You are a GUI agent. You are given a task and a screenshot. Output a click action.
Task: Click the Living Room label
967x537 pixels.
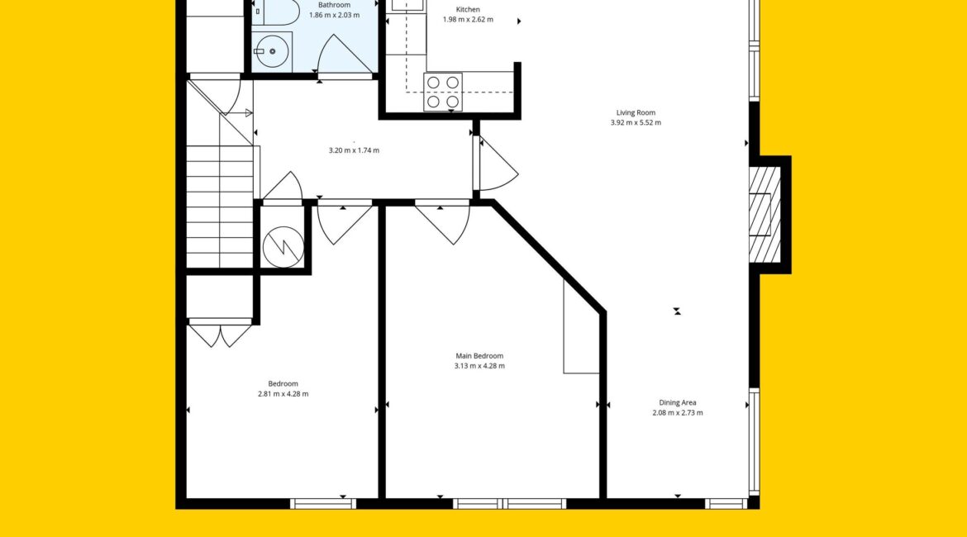click(636, 113)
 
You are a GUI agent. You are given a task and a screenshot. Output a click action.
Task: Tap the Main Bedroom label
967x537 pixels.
click(479, 356)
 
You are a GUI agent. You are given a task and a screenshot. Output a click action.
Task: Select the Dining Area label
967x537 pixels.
click(677, 402)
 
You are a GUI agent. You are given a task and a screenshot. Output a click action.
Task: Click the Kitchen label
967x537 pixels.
click(468, 9)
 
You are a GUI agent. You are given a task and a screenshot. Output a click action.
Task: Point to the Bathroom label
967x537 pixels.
click(334, 5)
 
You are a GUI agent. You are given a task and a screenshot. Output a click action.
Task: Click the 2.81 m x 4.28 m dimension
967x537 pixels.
click(283, 394)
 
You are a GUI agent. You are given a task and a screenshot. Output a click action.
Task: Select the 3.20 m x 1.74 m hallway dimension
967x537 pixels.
click(354, 150)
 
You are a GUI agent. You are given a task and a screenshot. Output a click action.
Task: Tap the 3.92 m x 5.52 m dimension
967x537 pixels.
click(636, 123)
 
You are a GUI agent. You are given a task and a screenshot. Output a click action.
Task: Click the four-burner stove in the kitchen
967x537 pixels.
click(443, 92)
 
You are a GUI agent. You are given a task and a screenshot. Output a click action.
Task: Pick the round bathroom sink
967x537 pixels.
click(272, 52)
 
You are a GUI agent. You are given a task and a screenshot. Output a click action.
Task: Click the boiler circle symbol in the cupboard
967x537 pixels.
click(283, 247)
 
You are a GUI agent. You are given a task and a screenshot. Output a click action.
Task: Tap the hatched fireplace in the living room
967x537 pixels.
click(765, 215)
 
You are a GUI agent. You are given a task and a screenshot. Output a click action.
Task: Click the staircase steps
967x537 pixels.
click(220, 207)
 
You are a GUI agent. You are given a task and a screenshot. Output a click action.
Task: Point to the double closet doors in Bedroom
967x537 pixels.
click(220, 333)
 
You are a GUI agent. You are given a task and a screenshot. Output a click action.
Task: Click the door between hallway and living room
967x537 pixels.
click(497, 164)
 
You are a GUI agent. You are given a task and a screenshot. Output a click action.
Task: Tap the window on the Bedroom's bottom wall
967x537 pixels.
click(323, 504)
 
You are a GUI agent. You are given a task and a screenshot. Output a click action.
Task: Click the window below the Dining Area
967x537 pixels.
click(726, 504)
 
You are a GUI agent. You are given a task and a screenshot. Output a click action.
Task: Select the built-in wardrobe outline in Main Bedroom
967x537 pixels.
click(581, 327)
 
